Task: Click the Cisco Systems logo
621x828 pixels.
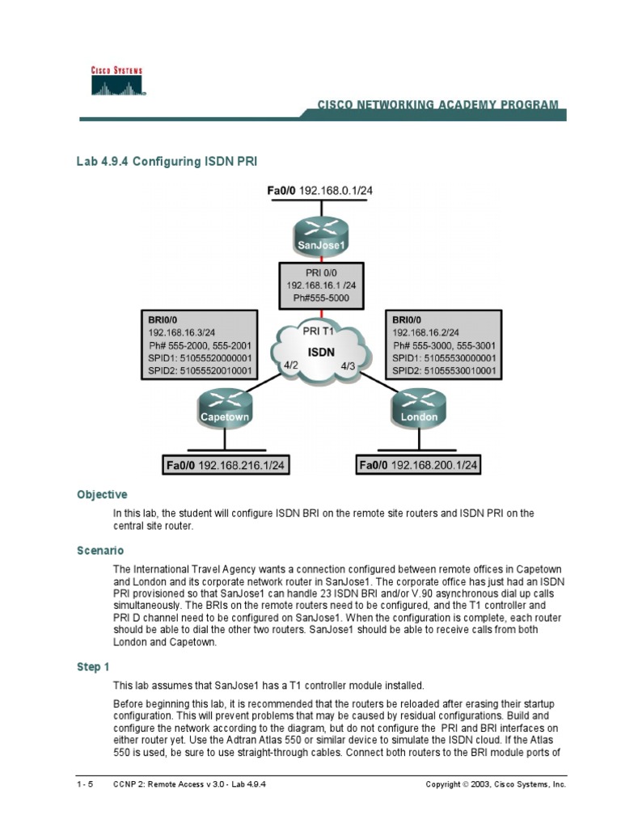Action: (116, 82)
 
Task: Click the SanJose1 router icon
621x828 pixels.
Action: (320, 235)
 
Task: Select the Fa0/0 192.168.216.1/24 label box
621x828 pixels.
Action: (226, 465)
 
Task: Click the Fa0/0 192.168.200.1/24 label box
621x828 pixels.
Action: (419, 465)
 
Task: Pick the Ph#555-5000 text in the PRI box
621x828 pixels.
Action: (322, 298)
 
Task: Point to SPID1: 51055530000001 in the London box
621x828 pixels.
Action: (444, 358)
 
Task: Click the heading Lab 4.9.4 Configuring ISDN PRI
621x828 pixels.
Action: (167, 162)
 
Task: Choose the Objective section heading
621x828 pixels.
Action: (102, 494)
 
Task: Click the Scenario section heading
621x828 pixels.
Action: (100, 550)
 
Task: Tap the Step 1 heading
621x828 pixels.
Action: (93, 666)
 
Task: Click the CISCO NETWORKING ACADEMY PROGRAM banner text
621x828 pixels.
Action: (437, 105)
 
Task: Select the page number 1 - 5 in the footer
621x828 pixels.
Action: (85, 784)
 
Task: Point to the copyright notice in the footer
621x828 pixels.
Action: (496, 784)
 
